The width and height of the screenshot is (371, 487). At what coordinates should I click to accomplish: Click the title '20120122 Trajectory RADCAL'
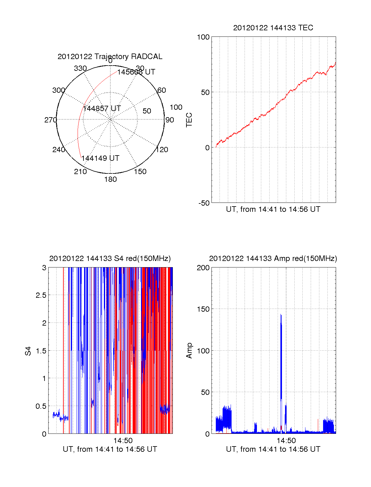tap(110, 57)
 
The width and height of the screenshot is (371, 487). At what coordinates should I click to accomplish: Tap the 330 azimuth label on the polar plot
tap(80, 68)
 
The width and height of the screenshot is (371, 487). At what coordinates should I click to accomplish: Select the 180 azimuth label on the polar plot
tap(110, 179)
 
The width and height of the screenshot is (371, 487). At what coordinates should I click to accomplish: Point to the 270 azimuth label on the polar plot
tap(50, 120)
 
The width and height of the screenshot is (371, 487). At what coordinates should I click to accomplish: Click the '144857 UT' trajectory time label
tap(102, 109)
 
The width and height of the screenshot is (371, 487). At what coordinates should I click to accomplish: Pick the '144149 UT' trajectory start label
tap(100, 158)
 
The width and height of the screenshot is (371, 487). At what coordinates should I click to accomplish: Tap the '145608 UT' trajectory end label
tap(136, 72)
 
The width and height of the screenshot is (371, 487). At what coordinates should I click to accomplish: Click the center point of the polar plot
tap(110, 119)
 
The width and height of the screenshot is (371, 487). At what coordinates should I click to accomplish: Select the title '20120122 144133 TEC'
tap(273, 28)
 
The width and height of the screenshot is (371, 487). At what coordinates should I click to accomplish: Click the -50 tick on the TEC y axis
tap(204, 203)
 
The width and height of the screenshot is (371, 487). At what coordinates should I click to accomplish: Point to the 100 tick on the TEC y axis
tap(203, 37)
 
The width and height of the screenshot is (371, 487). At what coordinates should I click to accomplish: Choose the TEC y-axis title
tap(189, 120)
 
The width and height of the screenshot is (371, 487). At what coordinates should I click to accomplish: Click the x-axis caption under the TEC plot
tap(273, 209)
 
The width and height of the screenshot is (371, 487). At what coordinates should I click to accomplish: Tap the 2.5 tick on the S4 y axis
tap(41, 295)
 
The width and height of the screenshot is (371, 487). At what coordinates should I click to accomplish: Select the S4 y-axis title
tap(28, 351)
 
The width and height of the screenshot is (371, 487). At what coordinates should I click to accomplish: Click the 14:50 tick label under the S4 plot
tap(123, 441)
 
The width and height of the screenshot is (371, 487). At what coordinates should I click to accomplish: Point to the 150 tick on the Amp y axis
tap(203, 309)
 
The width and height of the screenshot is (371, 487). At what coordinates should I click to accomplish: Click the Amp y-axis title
tap(189, 350)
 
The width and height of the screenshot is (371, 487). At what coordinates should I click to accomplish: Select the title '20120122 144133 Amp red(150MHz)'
tap(273, 258)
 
